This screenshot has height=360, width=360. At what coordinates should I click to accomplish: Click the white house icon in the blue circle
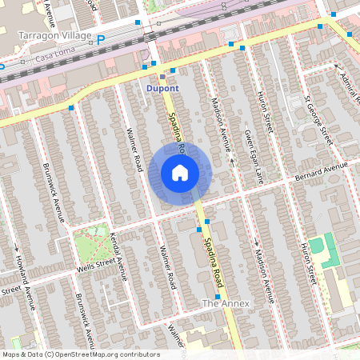click(x=180, y=172)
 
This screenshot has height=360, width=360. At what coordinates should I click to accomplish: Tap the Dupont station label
click(x=164, y=87)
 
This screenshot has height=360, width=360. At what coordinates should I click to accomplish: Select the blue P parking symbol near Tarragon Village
click(x=101, y=39)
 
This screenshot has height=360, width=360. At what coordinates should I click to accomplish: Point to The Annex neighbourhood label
click(x=226, y=303)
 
